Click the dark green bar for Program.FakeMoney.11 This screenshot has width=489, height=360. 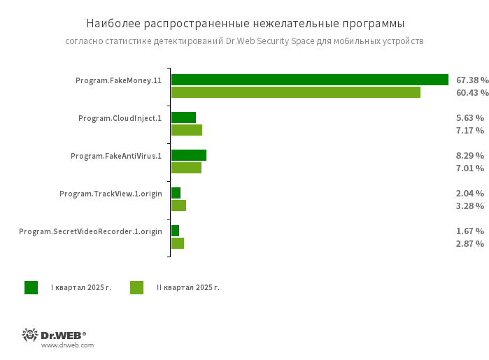(309, 80)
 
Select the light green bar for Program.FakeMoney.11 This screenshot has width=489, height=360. (295, 92)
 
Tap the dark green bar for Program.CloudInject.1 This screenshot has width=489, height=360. (183, 117)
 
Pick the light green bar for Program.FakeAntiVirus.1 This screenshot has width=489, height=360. (186, 168)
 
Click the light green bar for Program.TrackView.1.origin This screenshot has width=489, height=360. (178, 206)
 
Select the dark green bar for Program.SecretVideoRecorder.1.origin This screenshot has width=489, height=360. (175, 231)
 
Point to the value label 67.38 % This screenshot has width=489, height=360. (472, 80)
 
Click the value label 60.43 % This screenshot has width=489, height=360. (472, 92)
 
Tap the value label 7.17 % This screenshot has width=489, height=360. (469, 130)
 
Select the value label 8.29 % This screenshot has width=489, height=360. (469, 155)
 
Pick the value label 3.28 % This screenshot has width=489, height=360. (469, 206)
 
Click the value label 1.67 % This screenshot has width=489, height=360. (469, 231)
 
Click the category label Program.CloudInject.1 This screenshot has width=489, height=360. (120, 118)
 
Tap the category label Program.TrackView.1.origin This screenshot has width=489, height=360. (111, 194)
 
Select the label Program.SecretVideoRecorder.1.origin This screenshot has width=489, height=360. (90, 231)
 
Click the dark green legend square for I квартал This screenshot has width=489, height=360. (31, 287)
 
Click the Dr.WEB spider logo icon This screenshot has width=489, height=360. (30, 335)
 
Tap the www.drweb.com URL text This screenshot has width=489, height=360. (67, 345)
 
